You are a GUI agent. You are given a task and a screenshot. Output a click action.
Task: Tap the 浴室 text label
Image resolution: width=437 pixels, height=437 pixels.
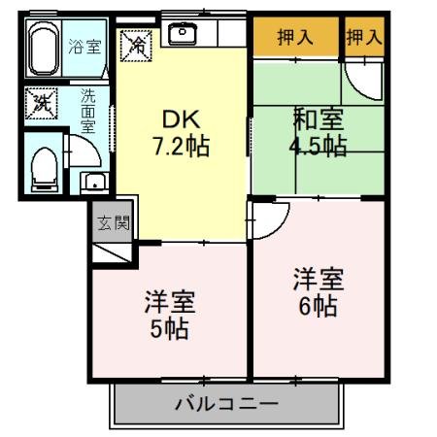coord(84,45)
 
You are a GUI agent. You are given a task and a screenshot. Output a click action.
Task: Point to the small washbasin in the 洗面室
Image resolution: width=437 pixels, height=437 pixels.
coord(92,181)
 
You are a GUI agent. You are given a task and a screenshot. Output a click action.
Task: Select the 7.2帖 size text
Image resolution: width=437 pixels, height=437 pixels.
coord(181,148)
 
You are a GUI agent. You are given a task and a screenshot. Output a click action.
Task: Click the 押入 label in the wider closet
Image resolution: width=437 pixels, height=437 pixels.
coord(295,38)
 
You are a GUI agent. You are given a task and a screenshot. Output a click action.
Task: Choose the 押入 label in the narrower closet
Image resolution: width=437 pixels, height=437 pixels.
coord(364,38)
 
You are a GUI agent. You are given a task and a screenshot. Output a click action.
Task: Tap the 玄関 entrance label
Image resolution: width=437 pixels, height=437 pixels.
coord(113,222)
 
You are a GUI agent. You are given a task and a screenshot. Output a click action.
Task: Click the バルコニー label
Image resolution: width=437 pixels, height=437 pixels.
coord(227,402)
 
